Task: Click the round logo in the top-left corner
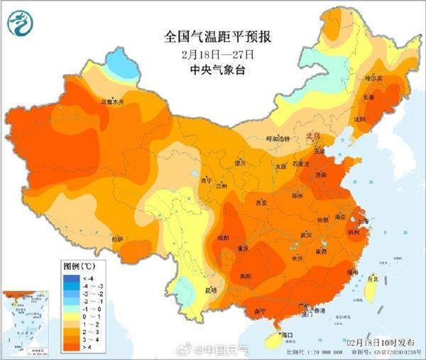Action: click(21, 24)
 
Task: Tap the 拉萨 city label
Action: click(117, 239)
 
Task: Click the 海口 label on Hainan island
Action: click(288, 334)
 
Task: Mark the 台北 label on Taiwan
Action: click(370, 280)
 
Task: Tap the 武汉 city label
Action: click(307, 234)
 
